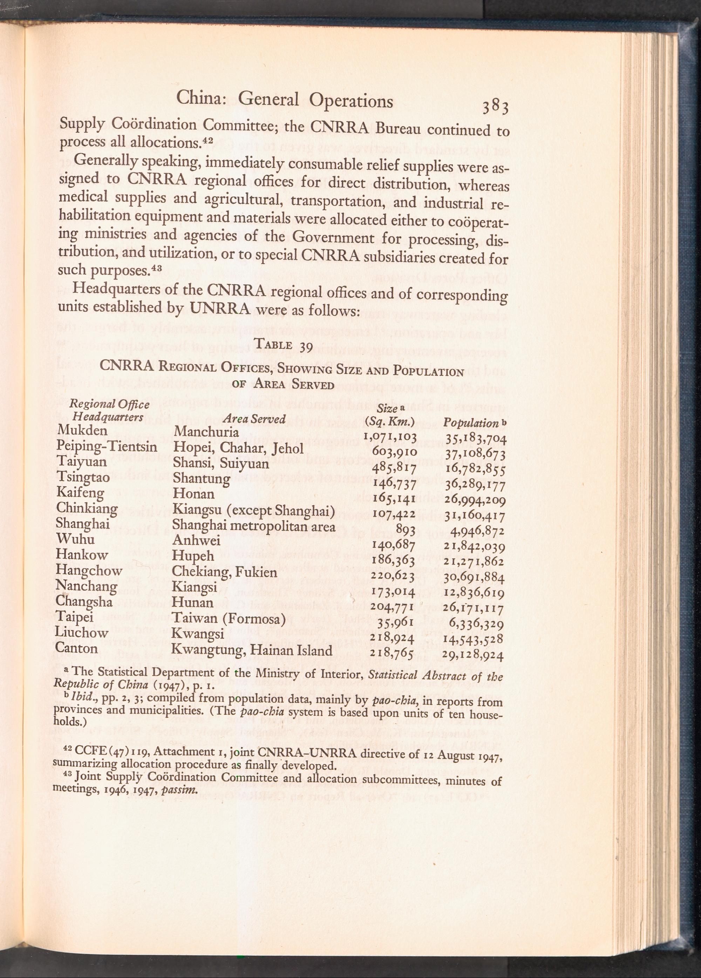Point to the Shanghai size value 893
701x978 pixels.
click(405, 529)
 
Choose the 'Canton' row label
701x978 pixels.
click(76, 648)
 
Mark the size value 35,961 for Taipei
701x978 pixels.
click(395, 623)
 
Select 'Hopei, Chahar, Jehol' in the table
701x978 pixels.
click(238, 448)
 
